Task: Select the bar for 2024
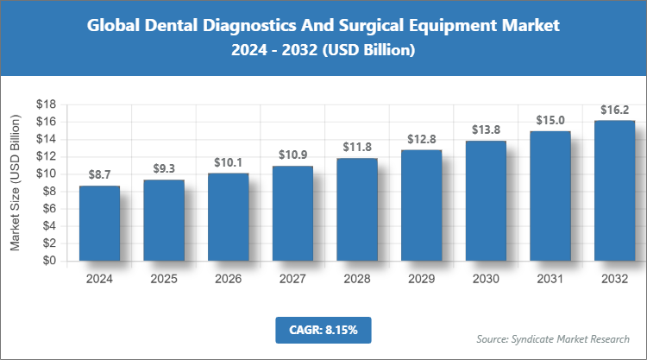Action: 99,223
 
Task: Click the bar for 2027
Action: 292,213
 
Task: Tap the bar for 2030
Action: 486,200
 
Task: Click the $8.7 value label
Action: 99,174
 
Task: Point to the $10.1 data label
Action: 228,161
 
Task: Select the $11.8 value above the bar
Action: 356,147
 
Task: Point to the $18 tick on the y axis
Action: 46,104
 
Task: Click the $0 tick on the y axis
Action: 49,261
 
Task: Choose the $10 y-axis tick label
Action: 46,174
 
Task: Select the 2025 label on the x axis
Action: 164,279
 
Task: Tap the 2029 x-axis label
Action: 421,279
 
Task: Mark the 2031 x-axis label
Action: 550,279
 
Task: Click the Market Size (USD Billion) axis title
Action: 15,182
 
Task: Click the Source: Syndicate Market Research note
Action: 553,338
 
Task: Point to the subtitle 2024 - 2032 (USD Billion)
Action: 323,51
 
